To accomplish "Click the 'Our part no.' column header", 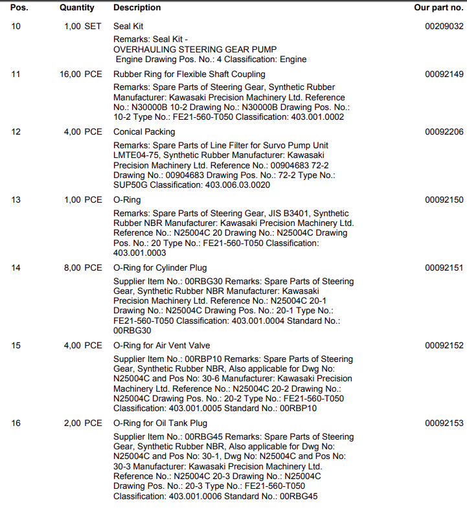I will click(439, 8).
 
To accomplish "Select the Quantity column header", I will click(76, 8).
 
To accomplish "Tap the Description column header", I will click(137, 8).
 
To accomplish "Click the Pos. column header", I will click(20, 8).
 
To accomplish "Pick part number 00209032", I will click(444, 27).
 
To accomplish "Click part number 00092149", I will click(444, 74).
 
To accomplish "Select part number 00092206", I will click(444, 132).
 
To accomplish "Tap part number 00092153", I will click(444, 423).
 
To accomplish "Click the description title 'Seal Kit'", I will click(128, 27).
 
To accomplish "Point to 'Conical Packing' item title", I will click(144, 132).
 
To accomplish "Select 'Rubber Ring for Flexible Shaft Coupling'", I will click(189, 74).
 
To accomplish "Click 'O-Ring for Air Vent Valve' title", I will click(161, 346).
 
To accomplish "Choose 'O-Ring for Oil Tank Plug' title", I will click(161, 423).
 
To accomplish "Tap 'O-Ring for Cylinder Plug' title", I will click(160, 268).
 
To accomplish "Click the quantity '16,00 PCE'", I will click(81, 74).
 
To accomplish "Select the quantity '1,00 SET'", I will click(83, 27).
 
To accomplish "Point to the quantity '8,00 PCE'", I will click(83, 268).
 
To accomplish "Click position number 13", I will click(16, 200).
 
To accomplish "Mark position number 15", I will click(16, 346).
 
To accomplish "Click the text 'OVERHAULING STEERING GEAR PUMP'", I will click(194, 49).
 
